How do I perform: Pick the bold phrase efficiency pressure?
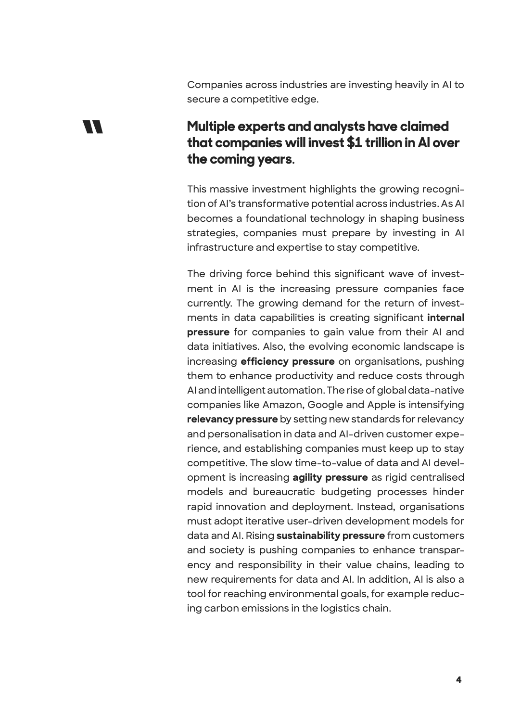(287, 361)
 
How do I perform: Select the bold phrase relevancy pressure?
(232, 419)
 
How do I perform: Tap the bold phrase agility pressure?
(330, 477)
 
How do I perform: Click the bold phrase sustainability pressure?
(330, 536)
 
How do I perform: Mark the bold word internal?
(445, 318)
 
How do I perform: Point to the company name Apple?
(382, 405)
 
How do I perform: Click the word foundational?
(275, 218)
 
